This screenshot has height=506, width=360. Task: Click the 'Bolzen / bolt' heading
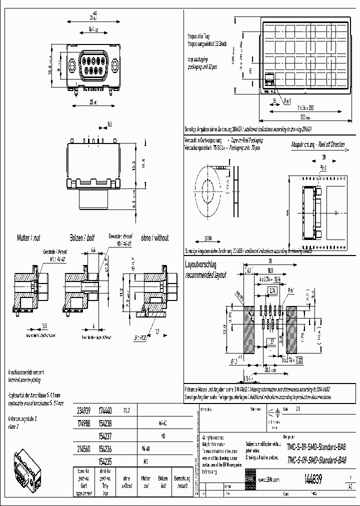(82, 238)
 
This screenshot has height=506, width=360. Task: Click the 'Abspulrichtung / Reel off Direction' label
(317, 144)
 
